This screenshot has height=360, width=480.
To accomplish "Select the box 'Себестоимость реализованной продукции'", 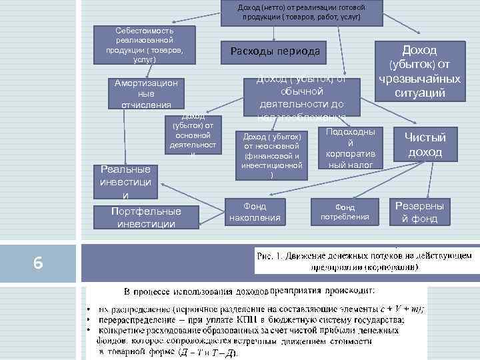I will point(145,45).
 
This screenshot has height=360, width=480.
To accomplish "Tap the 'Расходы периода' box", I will point(275,51).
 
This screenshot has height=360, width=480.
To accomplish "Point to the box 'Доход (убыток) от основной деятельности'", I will point(192,137).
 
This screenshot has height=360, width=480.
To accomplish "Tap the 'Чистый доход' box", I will point(425,144).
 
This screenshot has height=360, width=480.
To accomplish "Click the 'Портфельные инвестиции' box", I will point(146,217).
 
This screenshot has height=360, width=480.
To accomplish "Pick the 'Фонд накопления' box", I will point(255,212).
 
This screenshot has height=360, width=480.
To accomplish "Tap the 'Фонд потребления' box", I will point(345,212).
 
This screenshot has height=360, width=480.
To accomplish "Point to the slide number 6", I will point(38,263).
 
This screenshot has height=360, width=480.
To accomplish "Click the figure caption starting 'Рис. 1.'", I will point(363,261).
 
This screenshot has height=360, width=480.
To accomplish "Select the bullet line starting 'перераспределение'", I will point(247,320).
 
